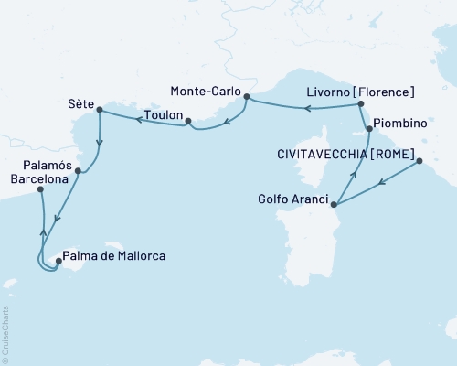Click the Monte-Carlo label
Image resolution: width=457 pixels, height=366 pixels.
click(207, 91)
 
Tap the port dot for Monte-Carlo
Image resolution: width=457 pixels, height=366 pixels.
click(248, 93)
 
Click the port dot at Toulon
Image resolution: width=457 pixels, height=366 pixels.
click(186, 121)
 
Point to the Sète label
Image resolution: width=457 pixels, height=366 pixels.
click(80, 103)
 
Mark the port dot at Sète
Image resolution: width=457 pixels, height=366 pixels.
click(98, 112)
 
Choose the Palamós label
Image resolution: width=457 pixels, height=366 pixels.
click(46, 166)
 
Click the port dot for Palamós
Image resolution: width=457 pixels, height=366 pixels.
click(78, 170)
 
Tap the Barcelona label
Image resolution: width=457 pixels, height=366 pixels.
click(37, 180)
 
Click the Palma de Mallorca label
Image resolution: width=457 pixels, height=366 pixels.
click(114, 257)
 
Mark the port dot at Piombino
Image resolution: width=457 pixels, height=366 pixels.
click(369, 130)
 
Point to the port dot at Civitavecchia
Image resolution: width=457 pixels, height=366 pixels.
click(420, 162)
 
